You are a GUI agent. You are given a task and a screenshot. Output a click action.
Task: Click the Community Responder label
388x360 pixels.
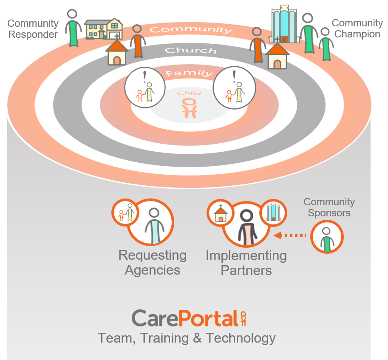point(33,29)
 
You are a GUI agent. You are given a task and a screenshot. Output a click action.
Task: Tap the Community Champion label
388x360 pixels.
point(357,28)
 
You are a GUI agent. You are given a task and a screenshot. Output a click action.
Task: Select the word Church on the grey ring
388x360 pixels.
point(190,51)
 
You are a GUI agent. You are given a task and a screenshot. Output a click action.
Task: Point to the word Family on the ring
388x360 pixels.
point(189,73)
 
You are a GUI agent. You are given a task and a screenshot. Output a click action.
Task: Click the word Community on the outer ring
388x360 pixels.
point(191,30)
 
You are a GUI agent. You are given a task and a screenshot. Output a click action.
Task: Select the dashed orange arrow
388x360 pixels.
point(290,235)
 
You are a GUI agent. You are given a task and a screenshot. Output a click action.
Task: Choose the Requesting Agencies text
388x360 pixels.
point(152,263)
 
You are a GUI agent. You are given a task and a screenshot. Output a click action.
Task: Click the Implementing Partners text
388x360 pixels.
point(246,263)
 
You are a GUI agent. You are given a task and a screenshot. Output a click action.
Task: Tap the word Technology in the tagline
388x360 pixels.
point(241,338)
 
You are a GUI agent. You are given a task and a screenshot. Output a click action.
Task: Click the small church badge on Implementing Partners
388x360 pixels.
point(220,213)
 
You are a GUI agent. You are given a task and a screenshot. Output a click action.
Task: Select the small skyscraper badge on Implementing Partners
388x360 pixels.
point(273,212)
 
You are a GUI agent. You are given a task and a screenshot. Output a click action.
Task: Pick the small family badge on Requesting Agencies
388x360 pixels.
point(125,212)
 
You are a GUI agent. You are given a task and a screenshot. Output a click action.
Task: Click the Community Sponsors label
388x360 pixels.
point(329,207)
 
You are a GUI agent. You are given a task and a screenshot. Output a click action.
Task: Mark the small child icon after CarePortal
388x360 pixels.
point(243,318)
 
